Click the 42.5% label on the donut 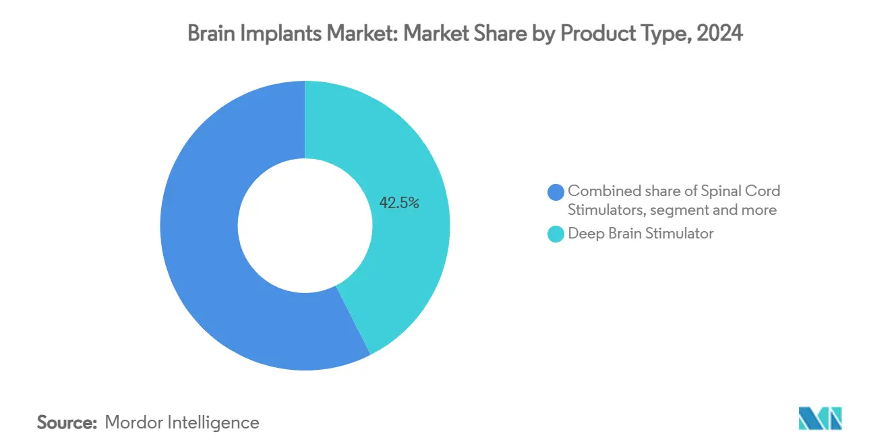[x=399, y=203]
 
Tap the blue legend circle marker [x=556, y=192]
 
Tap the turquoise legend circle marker [x=556, y=234]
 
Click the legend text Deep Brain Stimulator [x=641, y=234]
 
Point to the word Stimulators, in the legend [x=606, y=210]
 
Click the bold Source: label [x=67, y=422]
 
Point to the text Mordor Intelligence [x=182, y=422]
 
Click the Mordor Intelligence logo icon [x=820, y=418]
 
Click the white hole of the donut [x=305, y=226]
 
